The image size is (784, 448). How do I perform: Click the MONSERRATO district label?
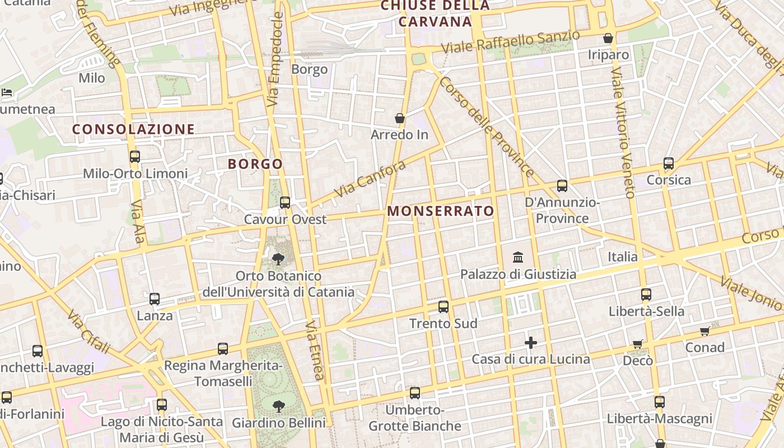441,211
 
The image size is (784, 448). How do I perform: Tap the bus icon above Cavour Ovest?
285,202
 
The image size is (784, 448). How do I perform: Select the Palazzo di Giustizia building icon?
518,258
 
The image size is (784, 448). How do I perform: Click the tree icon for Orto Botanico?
278,259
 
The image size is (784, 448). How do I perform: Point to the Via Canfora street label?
370,179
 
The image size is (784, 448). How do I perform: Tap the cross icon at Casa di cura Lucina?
531,342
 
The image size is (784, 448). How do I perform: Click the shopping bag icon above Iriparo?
608,38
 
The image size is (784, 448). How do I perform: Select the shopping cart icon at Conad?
705,331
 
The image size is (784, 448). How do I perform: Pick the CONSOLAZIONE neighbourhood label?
133,129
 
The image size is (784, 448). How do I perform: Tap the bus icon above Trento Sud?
444,306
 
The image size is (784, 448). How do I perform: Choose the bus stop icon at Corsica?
669,164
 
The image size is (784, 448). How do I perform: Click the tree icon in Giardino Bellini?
278,406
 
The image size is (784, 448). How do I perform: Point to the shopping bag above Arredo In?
400,118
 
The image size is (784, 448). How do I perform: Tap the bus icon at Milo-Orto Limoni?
135,157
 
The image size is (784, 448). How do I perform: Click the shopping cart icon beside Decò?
637,344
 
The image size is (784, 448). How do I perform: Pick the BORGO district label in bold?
255,164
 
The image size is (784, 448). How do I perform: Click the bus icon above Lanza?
155,299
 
